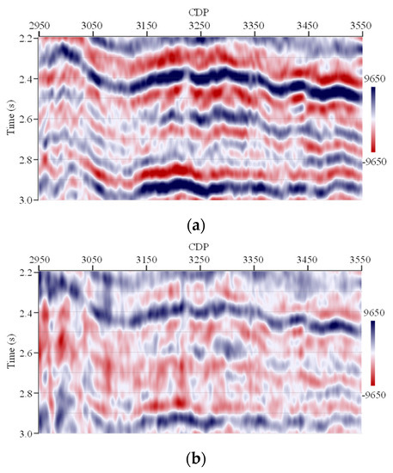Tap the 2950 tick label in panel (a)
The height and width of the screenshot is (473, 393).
coord(39,26)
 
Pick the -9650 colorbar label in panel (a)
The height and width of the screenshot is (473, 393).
coord(378,162)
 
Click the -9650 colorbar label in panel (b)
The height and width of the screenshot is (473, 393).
coord(378,396)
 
